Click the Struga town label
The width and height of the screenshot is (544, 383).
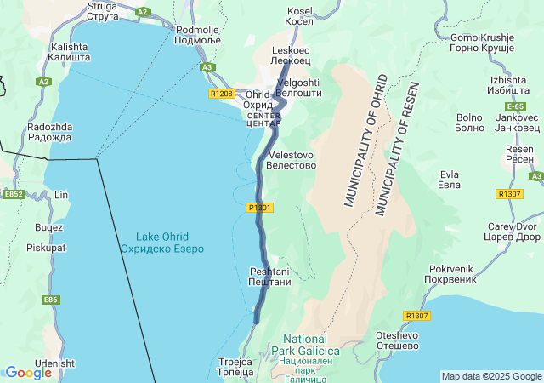pos(102,10)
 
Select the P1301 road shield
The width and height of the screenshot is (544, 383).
pos(260,208)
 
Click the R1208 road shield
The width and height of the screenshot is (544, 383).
pos(220,94)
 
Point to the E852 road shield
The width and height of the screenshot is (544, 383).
pos(13,195)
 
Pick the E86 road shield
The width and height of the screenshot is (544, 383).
pos(51,300)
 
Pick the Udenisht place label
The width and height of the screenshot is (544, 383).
pos(55,363)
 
